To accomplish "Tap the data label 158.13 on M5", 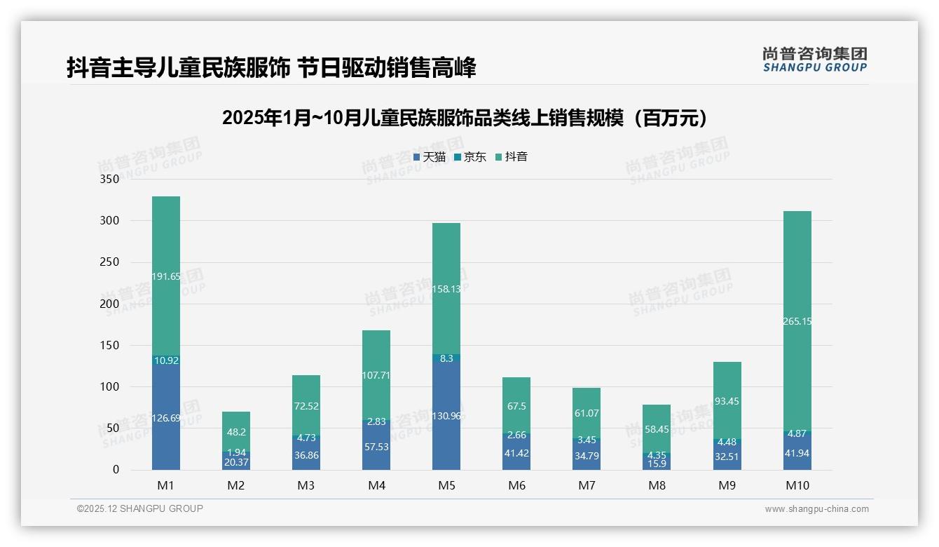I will (x=446, y=289).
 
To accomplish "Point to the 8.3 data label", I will (x=446, y=358).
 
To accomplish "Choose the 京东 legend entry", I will (x=470, y=157).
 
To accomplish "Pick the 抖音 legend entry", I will (x=512, y=157).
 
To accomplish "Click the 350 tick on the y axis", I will (x=110, y=179).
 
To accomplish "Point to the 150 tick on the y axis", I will (x=110, y=345).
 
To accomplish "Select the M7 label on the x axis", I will (x=587, y=485).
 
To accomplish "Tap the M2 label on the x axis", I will (x=236, y=485).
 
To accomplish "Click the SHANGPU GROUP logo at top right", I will (x=814, y=59).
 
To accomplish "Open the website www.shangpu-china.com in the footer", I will (x=816, y=509).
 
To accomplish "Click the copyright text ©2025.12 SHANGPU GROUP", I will (x=140, y=509).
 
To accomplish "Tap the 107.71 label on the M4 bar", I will (x=376, y=375).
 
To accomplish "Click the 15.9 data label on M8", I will (x=657, y=464).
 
